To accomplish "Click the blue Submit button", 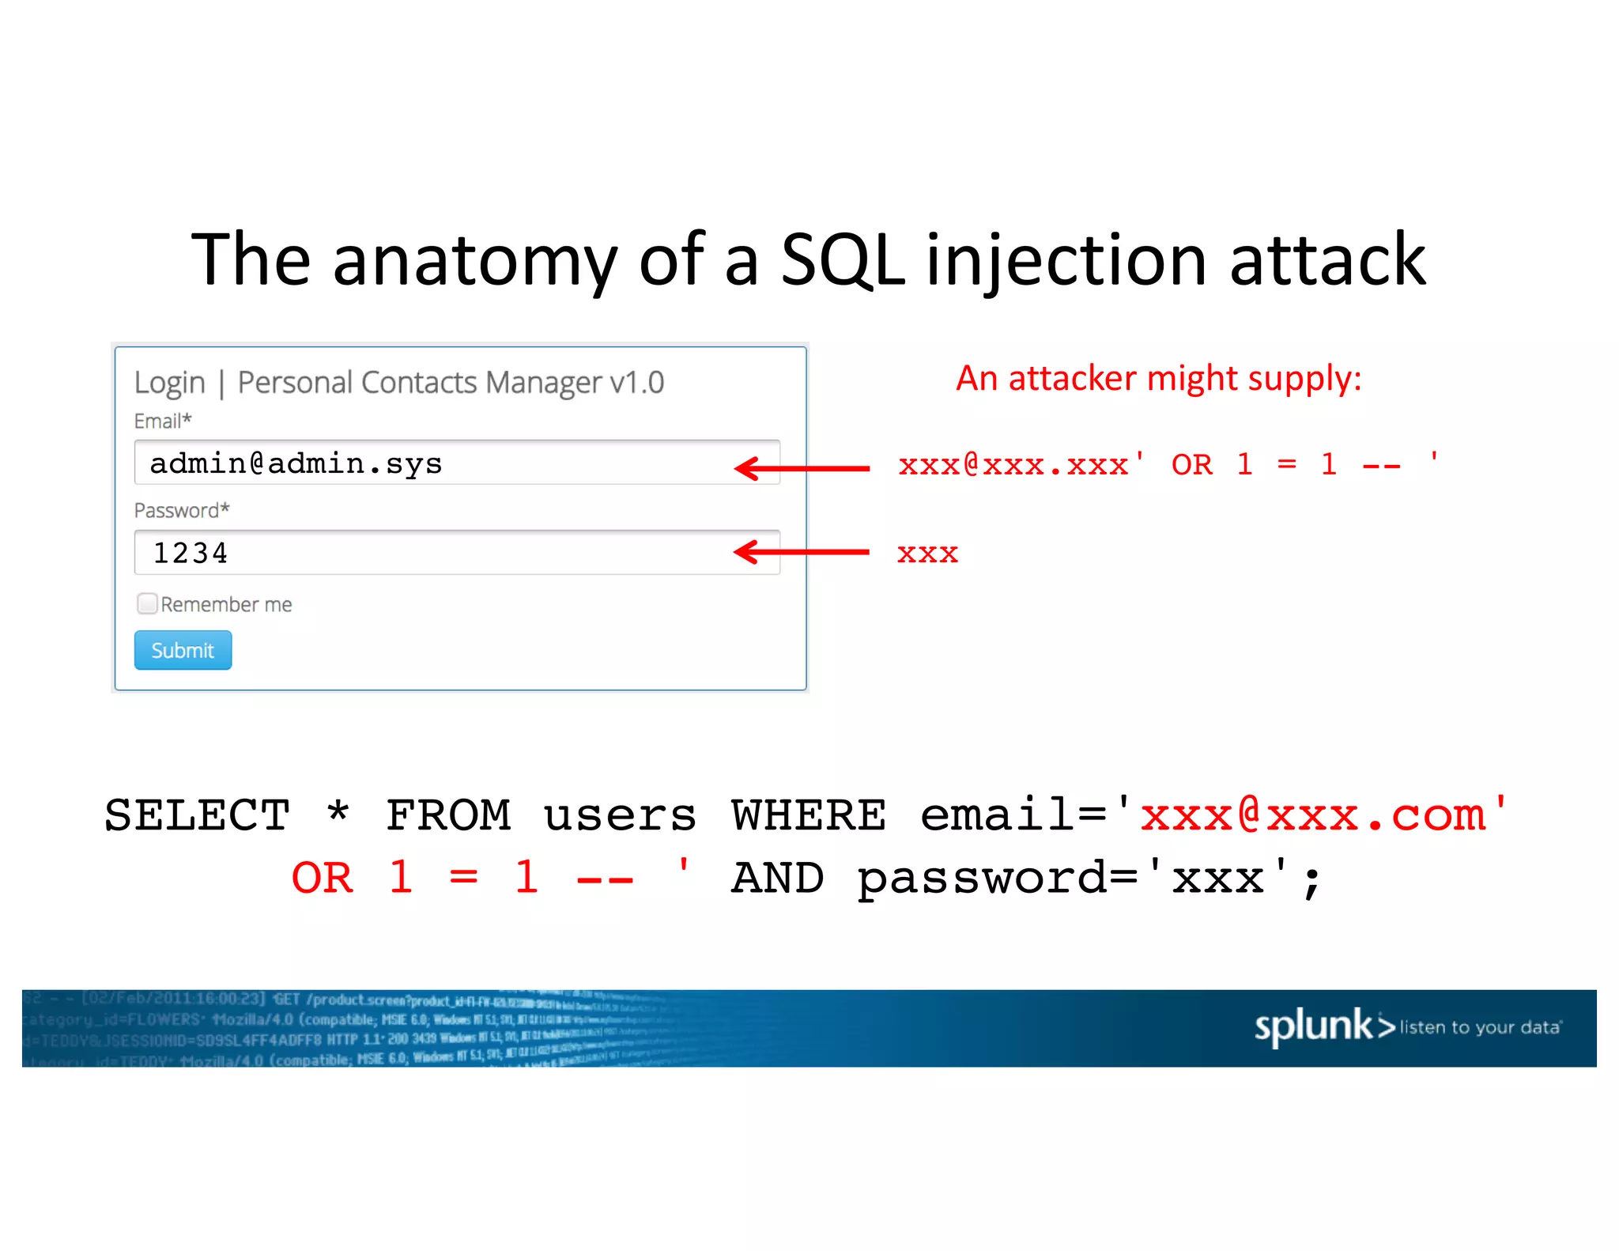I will click(183, 650).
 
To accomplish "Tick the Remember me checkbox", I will click(147, 604).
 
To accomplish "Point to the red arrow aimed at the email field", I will click(802, 468).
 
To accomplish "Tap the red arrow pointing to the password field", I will click(802, 552).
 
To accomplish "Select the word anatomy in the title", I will click(474, 261).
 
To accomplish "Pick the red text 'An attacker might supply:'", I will click(1159, 378).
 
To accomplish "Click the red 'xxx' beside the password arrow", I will click(927, 554).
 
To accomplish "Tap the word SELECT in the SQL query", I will click(198, 815).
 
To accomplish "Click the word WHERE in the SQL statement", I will click(808, 815).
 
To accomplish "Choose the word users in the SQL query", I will click(620, 815).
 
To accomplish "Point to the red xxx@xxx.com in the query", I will click(1313, 815).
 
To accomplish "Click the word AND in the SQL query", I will click(777, 879).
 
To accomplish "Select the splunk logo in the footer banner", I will click(1324, 1026).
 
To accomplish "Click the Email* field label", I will click(163, 421).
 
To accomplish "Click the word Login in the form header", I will click(170, 383).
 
